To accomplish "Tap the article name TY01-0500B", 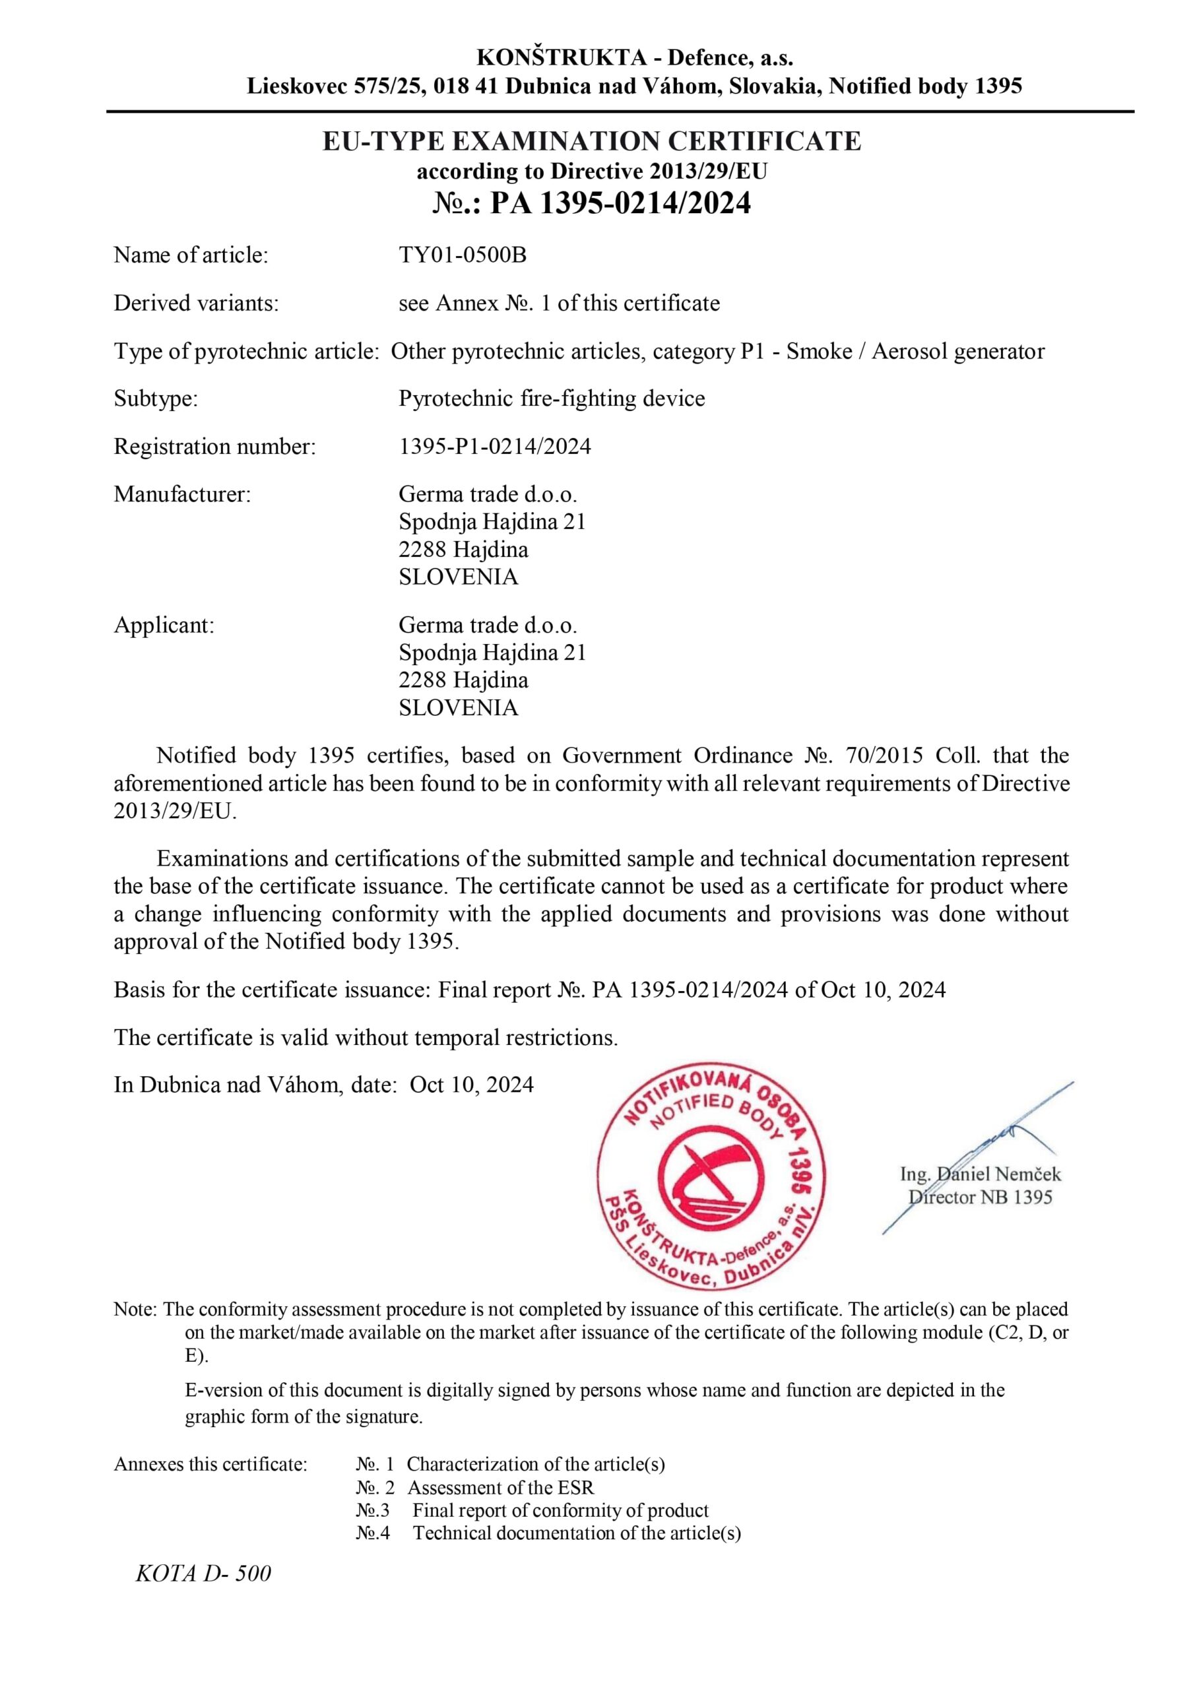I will tap(462, 255).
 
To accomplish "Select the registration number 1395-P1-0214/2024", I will tap(494, 447).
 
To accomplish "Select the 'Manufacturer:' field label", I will tap(183, 494).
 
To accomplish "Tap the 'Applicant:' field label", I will tap(164, 625).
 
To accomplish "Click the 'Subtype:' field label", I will tap(156, 398).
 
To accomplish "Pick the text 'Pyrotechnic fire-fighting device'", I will tap(552, 398).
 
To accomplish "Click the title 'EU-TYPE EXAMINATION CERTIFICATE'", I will tap(592, 141).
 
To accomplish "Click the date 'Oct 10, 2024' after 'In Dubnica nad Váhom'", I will tap(472, 1085).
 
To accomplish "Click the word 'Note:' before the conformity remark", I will tap(135, 1310).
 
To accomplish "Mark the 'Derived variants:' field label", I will tap(197, 303).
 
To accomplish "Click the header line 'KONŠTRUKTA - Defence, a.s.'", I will tap(634, 57).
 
